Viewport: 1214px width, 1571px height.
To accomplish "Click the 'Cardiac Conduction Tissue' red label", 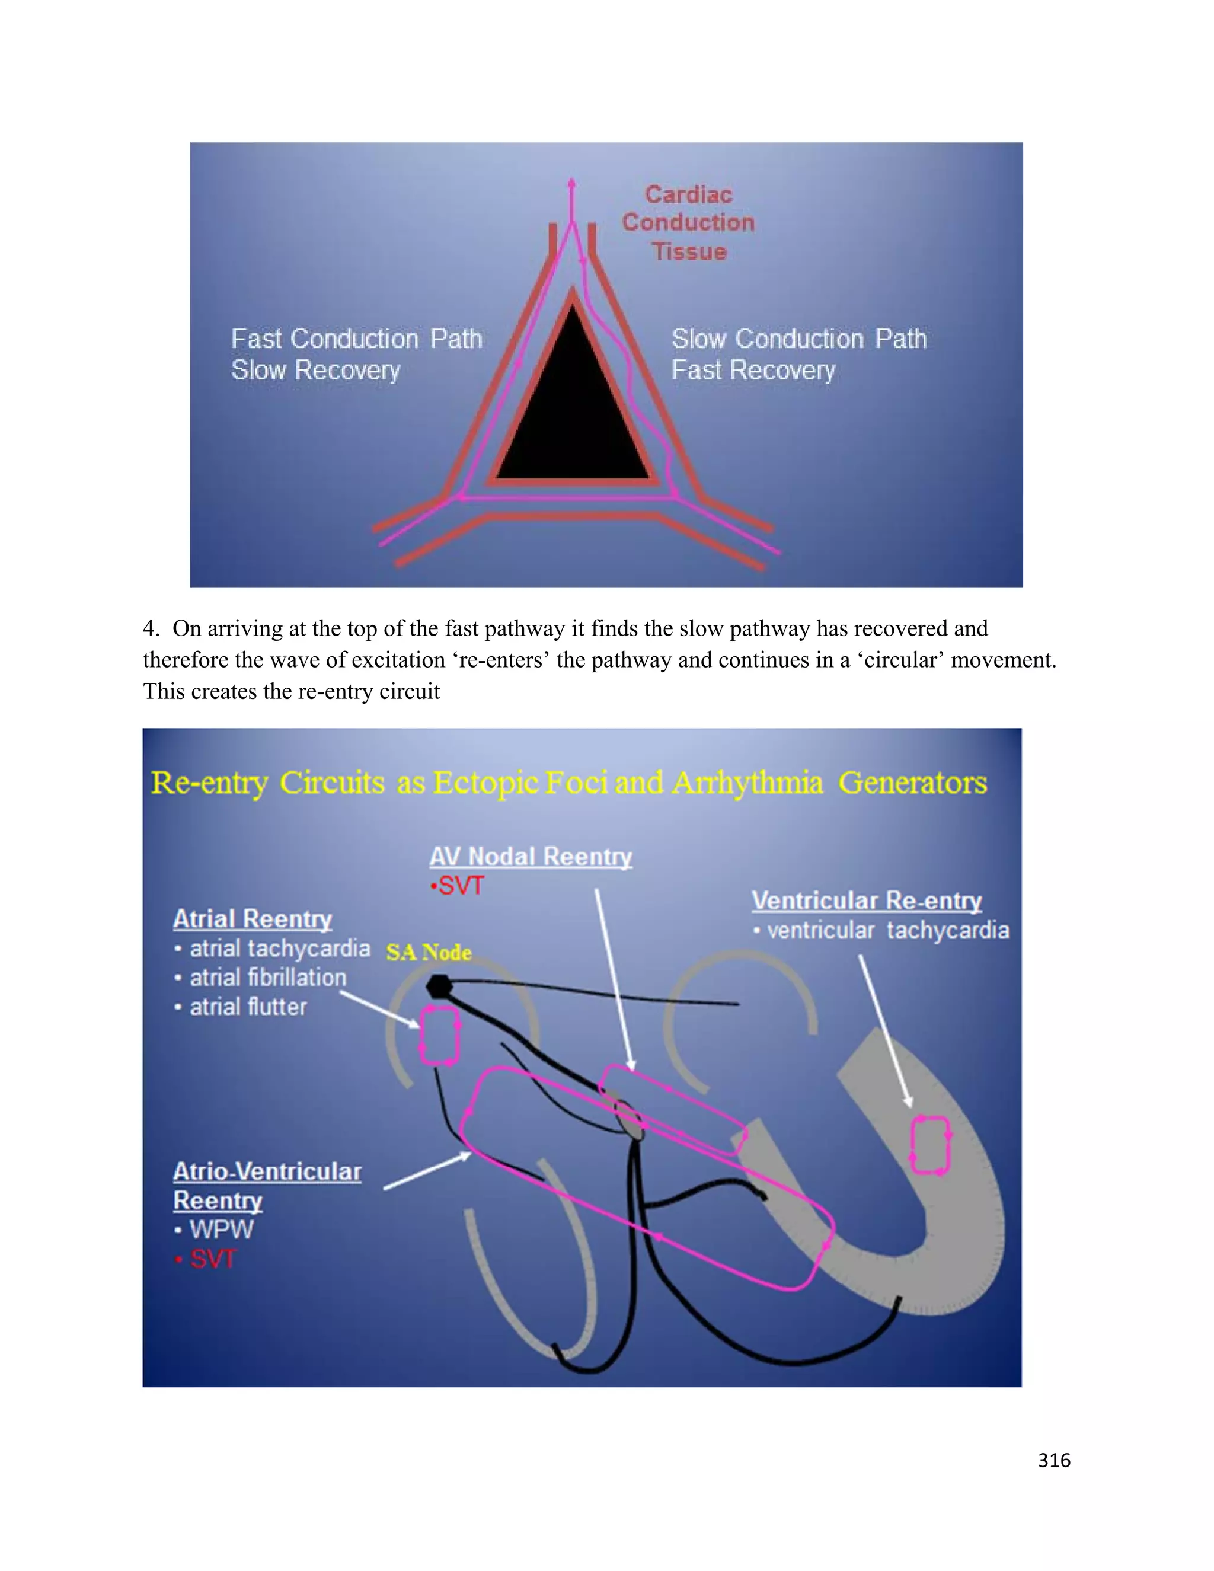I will click(x=688, y=223).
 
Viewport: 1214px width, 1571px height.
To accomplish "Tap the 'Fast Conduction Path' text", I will click(x=356, y=339).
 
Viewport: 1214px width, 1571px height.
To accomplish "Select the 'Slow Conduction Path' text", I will click(x=798, y=339).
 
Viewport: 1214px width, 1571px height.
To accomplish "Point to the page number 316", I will click(x=1053, y=1461).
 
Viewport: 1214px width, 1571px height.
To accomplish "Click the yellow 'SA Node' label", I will click(x=429, y=953).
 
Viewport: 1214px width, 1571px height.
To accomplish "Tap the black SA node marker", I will click(x=438, y=986).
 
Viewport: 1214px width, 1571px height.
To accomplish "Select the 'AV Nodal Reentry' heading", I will click(x=531, y=857).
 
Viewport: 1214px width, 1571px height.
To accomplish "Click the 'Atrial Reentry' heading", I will click(x=253, y=919).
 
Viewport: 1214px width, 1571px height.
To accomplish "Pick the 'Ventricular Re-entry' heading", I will click(x=867, y=901).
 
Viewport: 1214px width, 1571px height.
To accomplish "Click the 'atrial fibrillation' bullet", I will click(x=267, y=978).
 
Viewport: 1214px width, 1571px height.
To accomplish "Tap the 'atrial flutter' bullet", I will click(x=248, y=1007).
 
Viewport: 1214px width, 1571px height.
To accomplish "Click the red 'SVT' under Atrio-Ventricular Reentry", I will click(x=213, y=1259).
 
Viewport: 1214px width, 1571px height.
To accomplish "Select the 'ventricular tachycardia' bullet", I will click(x=887, y=931).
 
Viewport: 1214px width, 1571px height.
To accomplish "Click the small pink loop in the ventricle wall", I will click(x=931, y=1144).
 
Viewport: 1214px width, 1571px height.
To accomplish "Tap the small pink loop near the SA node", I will click(x=439, y=1036).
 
